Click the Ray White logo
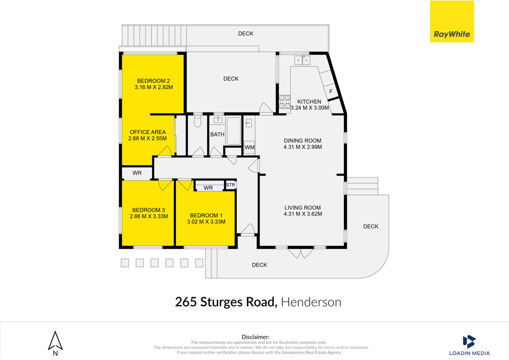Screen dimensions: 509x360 452,21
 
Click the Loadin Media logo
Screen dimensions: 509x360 469,346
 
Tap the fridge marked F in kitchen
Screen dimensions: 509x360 331,91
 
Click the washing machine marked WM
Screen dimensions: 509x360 250,147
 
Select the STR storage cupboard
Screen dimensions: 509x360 231,184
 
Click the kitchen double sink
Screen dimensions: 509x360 302,60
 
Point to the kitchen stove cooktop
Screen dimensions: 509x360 285,101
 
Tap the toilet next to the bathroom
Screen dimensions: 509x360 198,121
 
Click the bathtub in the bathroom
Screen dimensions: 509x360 234,131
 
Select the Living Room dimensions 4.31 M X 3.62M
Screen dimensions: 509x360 303,214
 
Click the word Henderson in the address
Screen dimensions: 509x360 311,302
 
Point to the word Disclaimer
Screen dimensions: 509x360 255,337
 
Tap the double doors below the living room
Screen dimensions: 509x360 301,253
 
